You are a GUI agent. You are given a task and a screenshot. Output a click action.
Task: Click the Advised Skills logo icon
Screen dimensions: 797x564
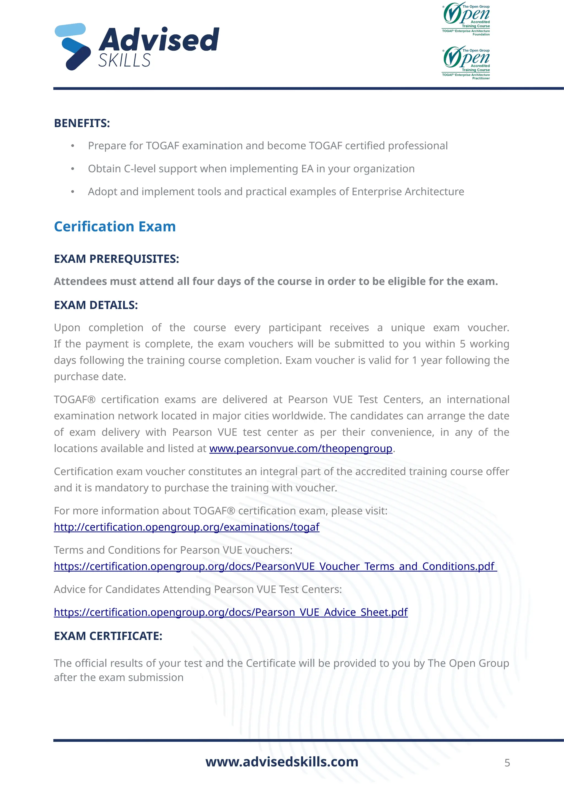(x=73, y=47)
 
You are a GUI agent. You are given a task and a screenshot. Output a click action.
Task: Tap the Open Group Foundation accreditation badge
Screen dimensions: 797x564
(x=466, y=19)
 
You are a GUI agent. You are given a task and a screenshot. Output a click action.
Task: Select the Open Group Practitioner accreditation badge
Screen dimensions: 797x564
(x=466, y=63)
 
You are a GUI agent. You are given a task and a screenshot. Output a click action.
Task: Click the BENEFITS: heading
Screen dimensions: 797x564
(x=82, y=123)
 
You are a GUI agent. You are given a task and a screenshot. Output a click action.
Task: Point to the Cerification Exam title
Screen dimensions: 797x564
(x=115, y=227)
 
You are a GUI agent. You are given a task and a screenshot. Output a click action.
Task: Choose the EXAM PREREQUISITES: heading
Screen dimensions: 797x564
(x=116, y=259)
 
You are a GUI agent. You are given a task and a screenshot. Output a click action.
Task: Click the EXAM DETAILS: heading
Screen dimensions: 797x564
(x=96, y=305)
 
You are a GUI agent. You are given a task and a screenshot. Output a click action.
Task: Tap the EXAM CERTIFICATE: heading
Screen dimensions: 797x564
(x=108, y=636)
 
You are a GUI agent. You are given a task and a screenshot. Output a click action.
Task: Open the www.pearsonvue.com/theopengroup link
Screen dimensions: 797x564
(x=301, y=449)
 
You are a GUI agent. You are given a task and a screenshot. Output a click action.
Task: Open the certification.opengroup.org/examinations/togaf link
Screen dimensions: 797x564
(x=186, y=527)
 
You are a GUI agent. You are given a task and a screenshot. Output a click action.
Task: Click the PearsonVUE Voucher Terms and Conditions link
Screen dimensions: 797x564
(x=275, y=566)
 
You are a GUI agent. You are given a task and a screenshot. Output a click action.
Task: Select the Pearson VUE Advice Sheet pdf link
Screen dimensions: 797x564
(x=231, y=612)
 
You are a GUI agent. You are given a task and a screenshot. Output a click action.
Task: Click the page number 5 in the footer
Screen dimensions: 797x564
(x=507, y=763)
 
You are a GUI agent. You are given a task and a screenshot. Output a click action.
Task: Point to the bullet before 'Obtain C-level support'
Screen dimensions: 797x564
(x=73, y=169)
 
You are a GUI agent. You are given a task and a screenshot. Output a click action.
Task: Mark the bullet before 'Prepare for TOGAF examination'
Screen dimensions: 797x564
(x=73, y=146)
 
